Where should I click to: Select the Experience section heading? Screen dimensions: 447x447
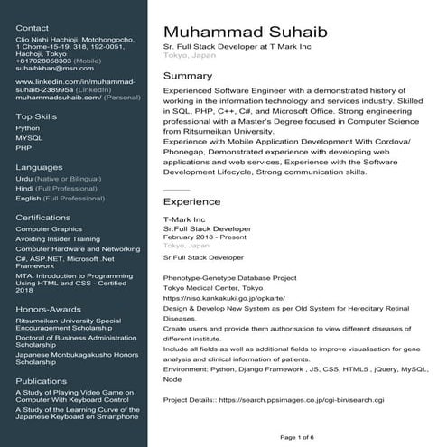click(191, 203)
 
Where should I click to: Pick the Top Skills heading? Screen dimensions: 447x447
click(36, 116)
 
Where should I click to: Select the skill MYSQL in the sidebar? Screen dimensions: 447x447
click(29, 137)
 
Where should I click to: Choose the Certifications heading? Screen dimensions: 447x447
click(43, 218)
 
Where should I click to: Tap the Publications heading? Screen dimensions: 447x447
click(42, 381)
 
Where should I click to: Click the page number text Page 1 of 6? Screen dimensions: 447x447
click(298, 437)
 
